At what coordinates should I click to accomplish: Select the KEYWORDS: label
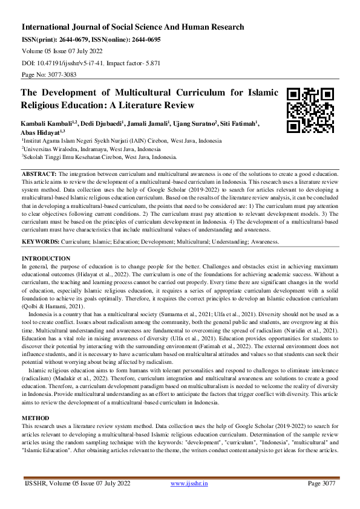point(41,241)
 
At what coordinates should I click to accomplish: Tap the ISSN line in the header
point(91,39)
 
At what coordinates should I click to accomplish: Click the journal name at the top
point(133,27)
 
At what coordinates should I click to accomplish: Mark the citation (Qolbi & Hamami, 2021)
point(51,308)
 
